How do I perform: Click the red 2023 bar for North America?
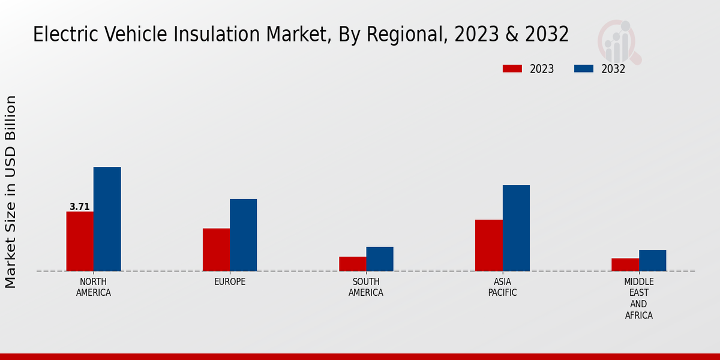[x=80, y=241]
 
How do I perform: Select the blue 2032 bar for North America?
[x=107, y=219]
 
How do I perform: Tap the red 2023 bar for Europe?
[x=216, y=250]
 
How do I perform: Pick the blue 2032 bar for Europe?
[x=243, y=235]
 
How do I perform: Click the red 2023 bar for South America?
[x=352, y=264]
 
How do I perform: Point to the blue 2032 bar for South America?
[x=380, y=259]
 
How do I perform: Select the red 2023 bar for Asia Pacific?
[x=488, y=245]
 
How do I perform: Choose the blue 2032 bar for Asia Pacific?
[x=516, y=228]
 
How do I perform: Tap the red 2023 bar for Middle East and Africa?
[x=625, y=265]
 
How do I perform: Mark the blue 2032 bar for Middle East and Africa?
[x=652, y=260]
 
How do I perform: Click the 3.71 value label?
[x=80, y=207]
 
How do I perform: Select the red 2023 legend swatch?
[x=512, y=68]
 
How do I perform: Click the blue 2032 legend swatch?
[x=584, y=68]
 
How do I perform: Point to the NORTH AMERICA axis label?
[x=94, y=287]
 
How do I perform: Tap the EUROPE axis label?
[x=230, y=282]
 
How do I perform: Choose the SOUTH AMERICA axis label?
[x=366, y=287]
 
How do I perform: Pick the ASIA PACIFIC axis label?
[x=502, y=287]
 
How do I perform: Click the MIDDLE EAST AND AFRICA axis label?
[x=639, y=299]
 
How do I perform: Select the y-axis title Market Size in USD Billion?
[x=11, y=191]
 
